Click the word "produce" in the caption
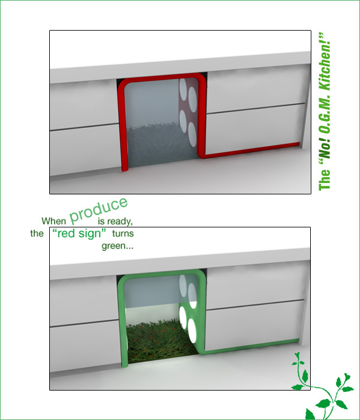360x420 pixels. point(98,211)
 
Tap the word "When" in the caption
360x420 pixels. point(53,221)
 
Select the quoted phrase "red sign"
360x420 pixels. point(79,233)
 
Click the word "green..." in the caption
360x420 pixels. point(118,246)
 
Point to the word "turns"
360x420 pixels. point(123,233)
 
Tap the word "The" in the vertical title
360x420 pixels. point(325,179)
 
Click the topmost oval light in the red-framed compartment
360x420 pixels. point(183,88)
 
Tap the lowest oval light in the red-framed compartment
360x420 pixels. point(192,134)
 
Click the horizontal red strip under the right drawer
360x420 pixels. point(250,150)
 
